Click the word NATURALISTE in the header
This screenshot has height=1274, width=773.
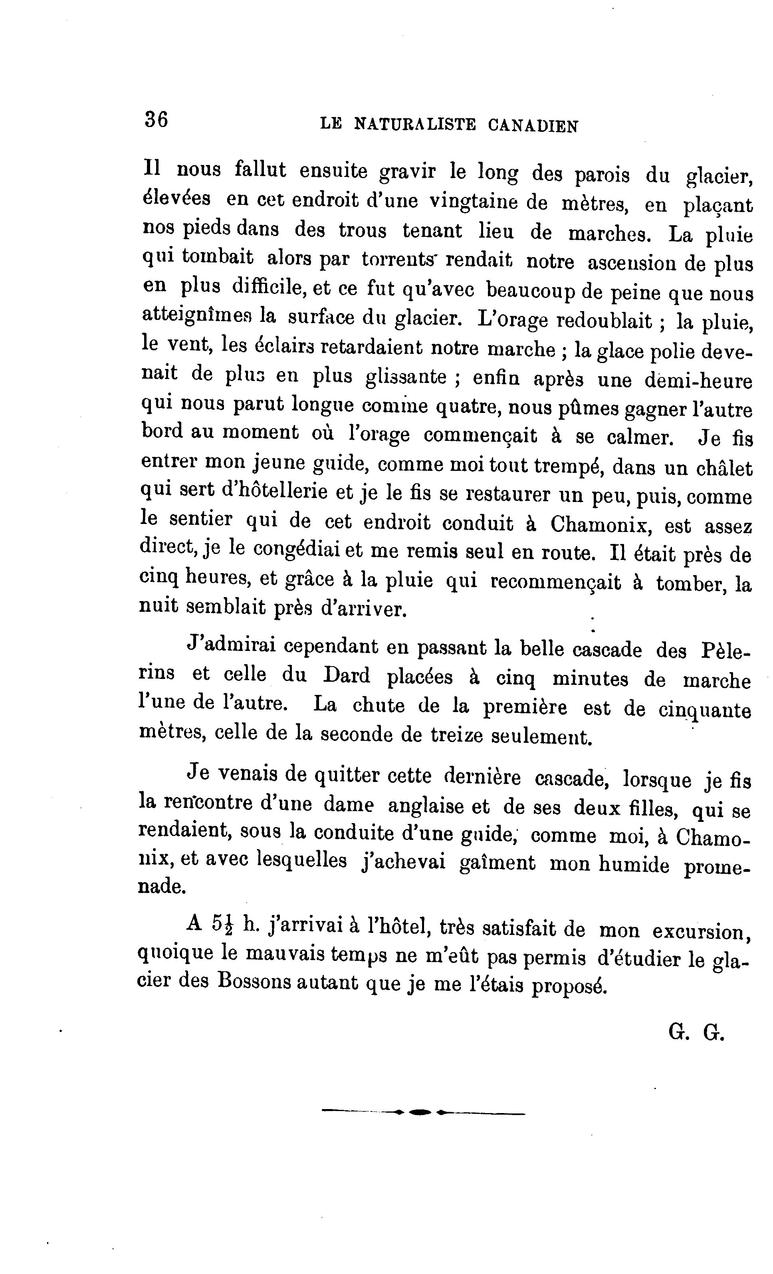tap(414, 125)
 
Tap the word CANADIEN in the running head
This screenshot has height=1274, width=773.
tap(533, 126)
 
